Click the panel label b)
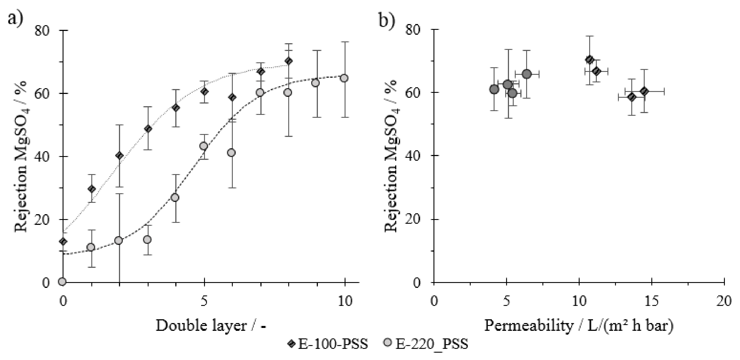[x=387, y=20]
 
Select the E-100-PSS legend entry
[x=328, y=344]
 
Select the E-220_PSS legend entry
[x=426, y=344]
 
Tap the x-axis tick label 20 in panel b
[x=724, y=302]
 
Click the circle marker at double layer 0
[x=62, y=282]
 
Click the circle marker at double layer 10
[x=344, y=78]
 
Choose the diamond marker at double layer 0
[x=63, y=241]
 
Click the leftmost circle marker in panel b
[x=494, y=89]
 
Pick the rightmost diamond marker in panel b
[x=644, y=91]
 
